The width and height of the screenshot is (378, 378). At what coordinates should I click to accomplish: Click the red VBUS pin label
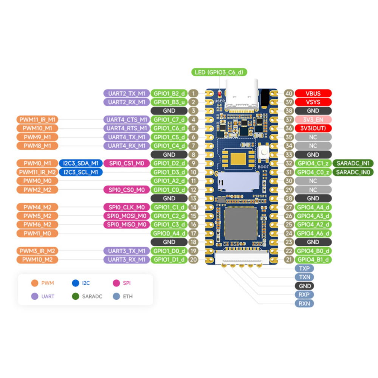pyautogui.click(x=313, y=93)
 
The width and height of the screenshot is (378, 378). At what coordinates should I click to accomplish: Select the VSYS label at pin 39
pyautogui.click(x=313, y=102)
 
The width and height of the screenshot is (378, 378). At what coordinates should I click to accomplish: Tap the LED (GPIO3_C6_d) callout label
pyautogui.click(x=219, y=72)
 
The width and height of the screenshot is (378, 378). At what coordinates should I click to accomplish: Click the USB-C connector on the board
pyautogui.click(x=242, y=94)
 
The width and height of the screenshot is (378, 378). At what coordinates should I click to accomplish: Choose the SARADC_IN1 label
pyautogui.click(x=353, y=163)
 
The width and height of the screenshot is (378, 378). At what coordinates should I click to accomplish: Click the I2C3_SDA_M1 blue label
pyautogui.click(x=81, y=163)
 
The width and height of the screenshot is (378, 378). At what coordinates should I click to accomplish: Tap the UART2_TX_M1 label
pyautogui.click(x=126, y=93)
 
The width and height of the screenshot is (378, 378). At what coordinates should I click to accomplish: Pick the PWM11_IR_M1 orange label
pyautogui.click(x=37, y=119)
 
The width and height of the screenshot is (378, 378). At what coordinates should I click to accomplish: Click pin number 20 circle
pyautogui.click(x=193, y=259)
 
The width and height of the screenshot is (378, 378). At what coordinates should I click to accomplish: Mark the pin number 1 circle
pyautogui.click(x=193, y=93)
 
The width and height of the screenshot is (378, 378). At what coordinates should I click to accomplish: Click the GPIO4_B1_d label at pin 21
pyautogui.click(x=313, y=259)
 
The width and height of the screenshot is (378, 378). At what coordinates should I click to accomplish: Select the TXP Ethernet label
pyautogui.click(x=304, y=268)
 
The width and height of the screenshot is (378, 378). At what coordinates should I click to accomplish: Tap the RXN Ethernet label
pyautogui.click(x=304, y=303)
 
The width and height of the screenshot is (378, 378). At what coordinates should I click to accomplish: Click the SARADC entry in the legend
pyautogui.click(x=88, y=297)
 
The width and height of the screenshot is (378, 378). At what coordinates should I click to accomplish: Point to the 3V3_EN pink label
pyautogui.click(x=313, y=119)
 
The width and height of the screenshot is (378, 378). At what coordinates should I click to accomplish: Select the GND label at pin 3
pyautogui.click(x=169, y=111)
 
